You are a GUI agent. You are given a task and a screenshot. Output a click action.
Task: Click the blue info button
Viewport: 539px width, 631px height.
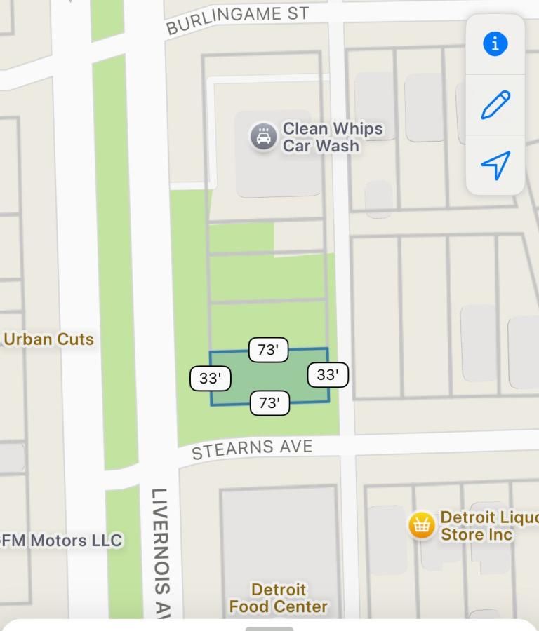click(495, 44)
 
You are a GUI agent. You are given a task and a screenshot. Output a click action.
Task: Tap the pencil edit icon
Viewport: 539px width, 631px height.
click(495, 105)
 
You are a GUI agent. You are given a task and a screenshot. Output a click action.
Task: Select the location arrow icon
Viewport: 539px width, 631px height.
click(495, 165)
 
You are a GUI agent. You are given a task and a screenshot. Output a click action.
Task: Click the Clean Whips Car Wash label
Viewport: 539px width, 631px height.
click(332, 137)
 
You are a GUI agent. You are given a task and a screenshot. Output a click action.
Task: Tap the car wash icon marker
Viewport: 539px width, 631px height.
click(263, 137)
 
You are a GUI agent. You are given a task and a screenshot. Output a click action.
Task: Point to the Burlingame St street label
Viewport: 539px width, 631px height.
click(237, 20)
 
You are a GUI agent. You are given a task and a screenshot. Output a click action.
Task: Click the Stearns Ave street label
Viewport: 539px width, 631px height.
click(252, 449)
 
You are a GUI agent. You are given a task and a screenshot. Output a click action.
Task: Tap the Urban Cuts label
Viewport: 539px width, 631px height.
click(48, 339)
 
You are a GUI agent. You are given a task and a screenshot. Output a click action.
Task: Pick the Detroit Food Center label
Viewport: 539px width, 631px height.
click(279, 597)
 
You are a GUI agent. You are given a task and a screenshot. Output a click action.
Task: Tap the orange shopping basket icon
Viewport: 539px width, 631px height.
click(421, 525)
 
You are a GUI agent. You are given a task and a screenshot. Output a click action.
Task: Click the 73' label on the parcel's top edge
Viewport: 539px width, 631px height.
click(269, 350)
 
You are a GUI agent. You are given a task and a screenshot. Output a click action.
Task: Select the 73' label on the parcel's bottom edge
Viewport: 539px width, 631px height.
click(269, 402)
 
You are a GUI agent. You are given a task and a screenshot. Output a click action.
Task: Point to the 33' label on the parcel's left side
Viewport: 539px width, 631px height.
click(211, 379)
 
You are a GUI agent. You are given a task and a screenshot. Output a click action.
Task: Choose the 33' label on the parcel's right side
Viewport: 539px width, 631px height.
click(328, 375)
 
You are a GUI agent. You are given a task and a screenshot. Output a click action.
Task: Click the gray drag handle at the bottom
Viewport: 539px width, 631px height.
click(269, 629)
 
